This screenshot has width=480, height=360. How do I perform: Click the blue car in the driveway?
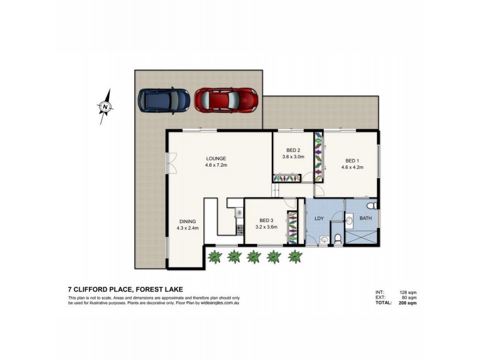[164, 100]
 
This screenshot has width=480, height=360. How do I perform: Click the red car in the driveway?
[226, 100]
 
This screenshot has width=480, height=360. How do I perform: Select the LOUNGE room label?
[215, 158]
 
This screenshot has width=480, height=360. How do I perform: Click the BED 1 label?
[353, 160]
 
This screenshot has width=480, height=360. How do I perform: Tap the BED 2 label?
[293, 150]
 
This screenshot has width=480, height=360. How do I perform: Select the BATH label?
[365, 218]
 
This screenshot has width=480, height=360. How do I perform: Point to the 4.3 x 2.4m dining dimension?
[187, 228]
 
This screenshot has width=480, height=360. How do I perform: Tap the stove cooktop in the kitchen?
[238, 212]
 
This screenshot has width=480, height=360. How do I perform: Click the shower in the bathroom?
[363, 238]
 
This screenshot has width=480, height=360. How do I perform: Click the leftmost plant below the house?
[213, 257]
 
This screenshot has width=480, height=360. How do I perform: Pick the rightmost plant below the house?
[293, 257]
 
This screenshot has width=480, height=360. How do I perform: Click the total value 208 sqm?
[407, 304]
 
